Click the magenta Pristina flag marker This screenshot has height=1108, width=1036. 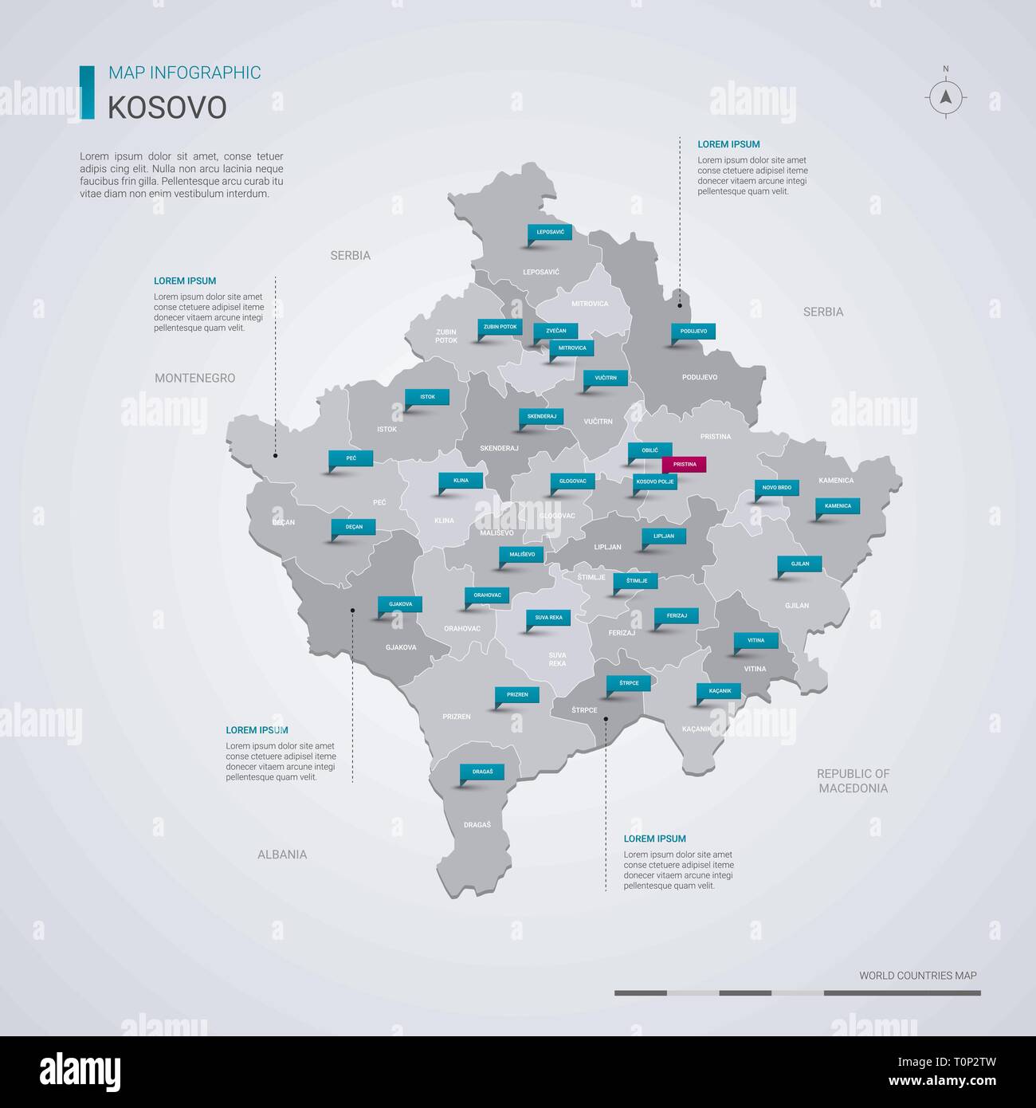(x=684, y=464)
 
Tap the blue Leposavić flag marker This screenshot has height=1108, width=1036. (x=550, y=232)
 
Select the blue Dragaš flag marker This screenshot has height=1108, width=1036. (x=482, y=772)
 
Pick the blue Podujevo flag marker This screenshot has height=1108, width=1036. (x=693, y=331)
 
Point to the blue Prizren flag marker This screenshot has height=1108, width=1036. (x=517, y=694)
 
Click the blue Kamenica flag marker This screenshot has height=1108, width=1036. (x=838, y=505)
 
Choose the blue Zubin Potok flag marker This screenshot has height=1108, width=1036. (x=500, y=327)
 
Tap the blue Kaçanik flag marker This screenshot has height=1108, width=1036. (x=720, y=690)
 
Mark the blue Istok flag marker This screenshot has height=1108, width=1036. (x=428, y=396)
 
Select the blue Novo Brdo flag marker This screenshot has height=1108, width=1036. (x=777, y=487)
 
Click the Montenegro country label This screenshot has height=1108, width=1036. (x=195, y=378)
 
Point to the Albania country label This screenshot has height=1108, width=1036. (x=282, y=855)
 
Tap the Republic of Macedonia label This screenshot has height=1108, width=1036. (x=853, y=780)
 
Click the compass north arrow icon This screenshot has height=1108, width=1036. (x=946, y=97)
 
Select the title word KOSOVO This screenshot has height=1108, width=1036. (x=167, y=108)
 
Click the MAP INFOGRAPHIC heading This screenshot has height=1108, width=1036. (x=184, y=73)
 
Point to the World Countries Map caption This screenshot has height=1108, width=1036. (x=917, y=975)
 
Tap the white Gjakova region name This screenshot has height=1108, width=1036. (x=401, y=647)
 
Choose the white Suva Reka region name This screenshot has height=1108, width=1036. (x=557, y=659)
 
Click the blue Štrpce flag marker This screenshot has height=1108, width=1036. (x=628, y=682)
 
